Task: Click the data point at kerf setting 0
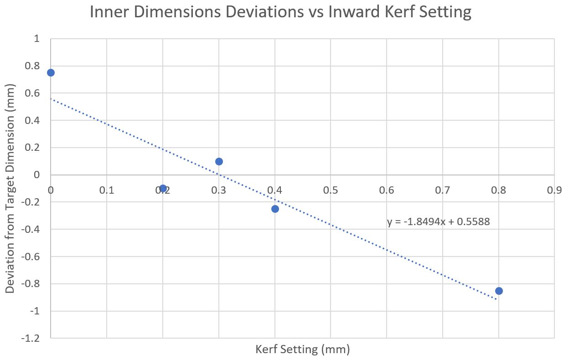tap(51, 73)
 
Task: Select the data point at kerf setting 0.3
tap(219, 161)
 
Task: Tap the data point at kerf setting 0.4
tap(275, 209)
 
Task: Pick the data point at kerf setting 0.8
tap(499, 291)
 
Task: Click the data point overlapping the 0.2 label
tap(163, 188)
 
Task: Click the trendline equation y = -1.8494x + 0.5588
tap(438, 222)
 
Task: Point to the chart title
tap(280, 12)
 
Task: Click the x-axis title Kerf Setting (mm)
tap(302, 350)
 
